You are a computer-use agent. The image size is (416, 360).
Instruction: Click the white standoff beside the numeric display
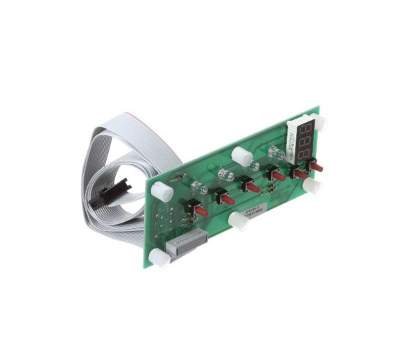[320, 123]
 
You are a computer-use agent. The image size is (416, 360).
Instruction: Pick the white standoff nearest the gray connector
[158, 259]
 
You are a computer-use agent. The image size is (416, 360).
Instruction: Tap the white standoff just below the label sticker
[237, 221]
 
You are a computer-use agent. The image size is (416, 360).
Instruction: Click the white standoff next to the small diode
[161, 191]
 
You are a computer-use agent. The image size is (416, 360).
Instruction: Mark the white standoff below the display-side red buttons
[313, 187]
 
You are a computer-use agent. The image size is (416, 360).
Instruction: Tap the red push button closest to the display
[318, 167]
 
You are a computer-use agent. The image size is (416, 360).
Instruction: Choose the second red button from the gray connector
[226, 196]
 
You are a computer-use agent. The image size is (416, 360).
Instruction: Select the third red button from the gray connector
[251, 186]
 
